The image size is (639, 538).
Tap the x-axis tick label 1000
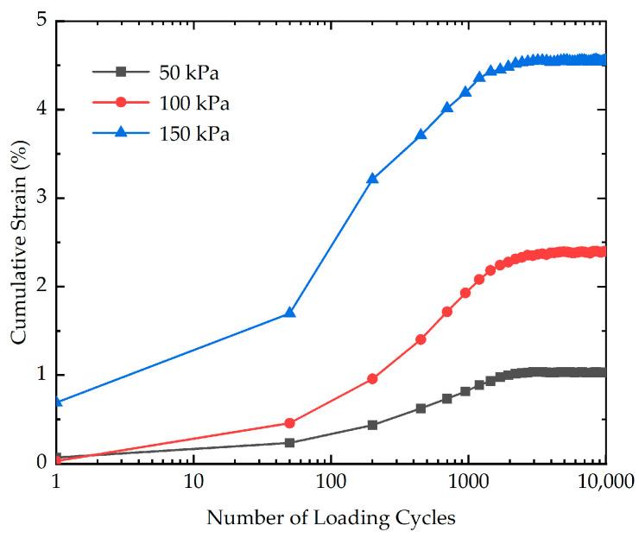point(468,479)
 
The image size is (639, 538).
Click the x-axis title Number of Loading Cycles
point(331,518)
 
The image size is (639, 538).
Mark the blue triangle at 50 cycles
point(289,313)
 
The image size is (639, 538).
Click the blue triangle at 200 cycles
point(372,179)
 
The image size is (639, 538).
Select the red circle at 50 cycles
point(289,423)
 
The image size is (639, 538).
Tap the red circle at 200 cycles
point(372,378)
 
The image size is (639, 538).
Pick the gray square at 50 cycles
point(289,443)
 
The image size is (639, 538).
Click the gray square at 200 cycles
point(372,425)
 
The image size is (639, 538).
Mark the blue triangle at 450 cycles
point(421,135)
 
